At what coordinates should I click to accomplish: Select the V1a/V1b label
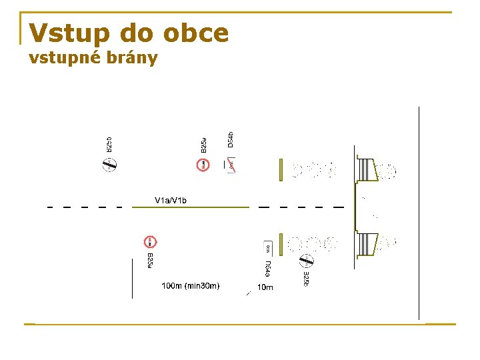tap(171, 200)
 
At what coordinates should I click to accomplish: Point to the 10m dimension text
tap(265, 287)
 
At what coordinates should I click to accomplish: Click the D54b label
tap(230, 139)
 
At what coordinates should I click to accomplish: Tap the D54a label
tap(267, 269)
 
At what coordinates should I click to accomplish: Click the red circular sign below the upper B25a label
tap(203, 164)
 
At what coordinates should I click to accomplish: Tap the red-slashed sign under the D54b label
tap(231, 165)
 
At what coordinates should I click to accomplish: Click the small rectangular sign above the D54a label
tap(268, 247)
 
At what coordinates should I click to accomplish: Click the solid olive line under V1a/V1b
tap(191, 207)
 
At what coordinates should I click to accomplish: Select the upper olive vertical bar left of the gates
tap(281, 170)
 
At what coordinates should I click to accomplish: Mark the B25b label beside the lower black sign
tap(306, 279)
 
